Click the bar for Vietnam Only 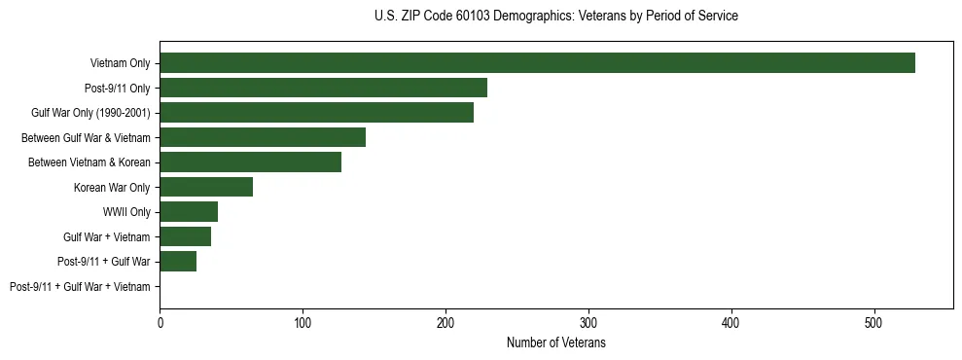(x=537, y=63)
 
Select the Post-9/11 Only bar (x=323, y=88)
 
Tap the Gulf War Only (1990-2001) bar (x=316, y=113)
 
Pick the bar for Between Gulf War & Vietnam (x=263, y=137)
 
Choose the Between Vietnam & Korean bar (x=250, y=162)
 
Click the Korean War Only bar (x=206, y=187)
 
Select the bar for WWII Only (x=189, y=212)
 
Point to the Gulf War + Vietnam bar (x=185, y=236)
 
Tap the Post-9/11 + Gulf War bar (x=178, y=262)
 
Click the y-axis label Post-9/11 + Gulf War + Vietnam (x=80, y=287)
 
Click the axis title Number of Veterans (x=555, y=342)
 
